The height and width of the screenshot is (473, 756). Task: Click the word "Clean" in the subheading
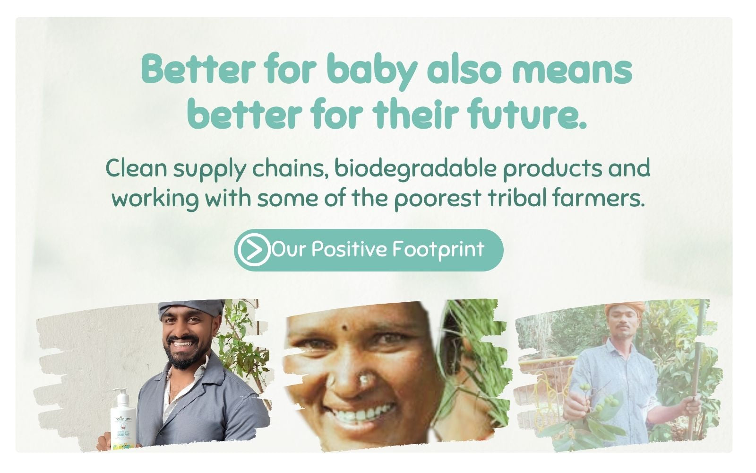pyautogui.click(x=137, y=168)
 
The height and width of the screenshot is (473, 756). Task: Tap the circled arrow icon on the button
pyautogui.click(x=254, y=250)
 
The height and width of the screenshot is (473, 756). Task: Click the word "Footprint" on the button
pyautogui.click(x=438, y=250)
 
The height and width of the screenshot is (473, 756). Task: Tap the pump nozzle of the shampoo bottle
pyautogui.click(x=121, y=392)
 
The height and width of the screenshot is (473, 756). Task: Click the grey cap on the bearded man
pyautogui.click(x=191, y=308)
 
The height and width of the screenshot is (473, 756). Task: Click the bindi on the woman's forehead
pyautogui.click(x=345, y=327)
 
